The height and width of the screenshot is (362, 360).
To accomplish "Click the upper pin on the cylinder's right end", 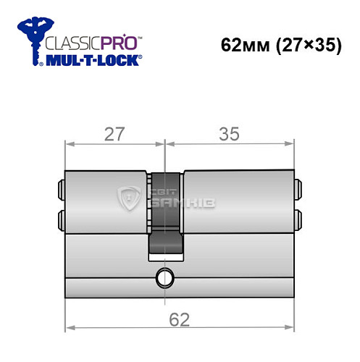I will click(298, 192).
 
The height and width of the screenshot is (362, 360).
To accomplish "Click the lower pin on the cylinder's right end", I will click(298, 217).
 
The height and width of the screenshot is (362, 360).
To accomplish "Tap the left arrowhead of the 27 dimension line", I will click(69, 143).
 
